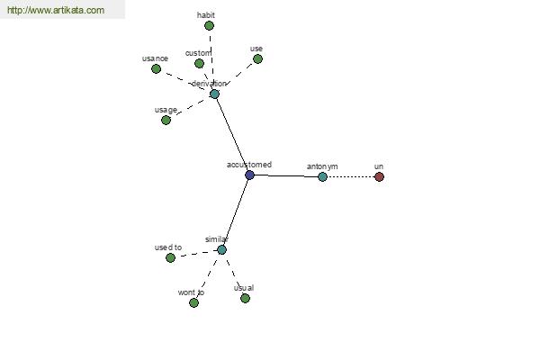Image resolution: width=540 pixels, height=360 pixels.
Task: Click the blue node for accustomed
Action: click(249, 175)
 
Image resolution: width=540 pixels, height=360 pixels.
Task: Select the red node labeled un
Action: click(379, 176)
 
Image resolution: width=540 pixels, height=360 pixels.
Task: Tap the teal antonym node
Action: click(322, 176)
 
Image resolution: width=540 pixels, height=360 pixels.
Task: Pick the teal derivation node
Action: click(214, 94)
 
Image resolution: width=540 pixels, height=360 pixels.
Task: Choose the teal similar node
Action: click(221, 250)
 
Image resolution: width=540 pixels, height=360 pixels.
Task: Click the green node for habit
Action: click(209, 25)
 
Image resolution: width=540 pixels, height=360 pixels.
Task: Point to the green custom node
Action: click(199, 63)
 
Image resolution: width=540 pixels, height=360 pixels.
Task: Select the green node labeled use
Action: click(257, 58)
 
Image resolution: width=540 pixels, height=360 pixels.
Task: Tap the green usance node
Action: click(156, 69)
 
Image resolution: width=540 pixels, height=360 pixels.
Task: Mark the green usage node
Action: click(166, 121)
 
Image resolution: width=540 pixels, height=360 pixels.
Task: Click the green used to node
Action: click(170, 257)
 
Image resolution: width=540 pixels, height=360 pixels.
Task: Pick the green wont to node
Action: click(193, 302)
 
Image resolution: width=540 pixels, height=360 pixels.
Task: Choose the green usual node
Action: click(245, 298)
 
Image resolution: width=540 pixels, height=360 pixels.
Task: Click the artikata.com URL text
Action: click(56, 10)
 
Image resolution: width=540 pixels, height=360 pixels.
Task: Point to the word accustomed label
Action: click(249, 165)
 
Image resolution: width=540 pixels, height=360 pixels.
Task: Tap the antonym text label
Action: click(322, 166)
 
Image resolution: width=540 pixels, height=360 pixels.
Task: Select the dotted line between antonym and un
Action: click(351, 176)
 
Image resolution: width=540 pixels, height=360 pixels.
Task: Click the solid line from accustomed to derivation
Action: click(232, 134)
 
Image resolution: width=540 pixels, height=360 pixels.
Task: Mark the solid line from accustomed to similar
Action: click(236, 212)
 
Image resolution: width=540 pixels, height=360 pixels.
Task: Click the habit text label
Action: click(206, 15)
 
